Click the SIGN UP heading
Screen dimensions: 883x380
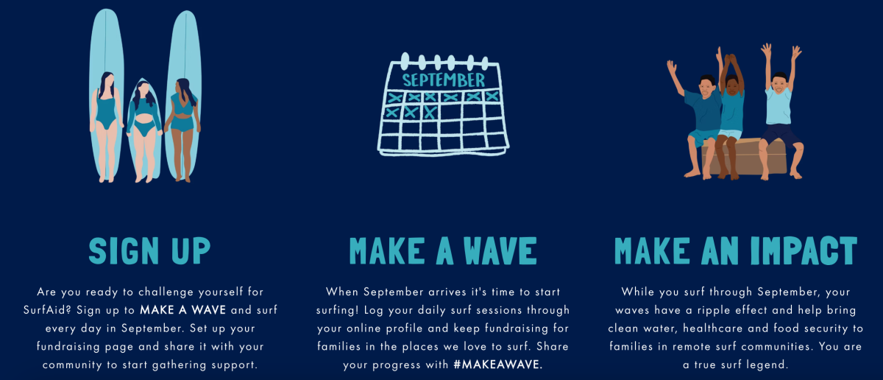149,250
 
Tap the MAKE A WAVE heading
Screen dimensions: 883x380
443,250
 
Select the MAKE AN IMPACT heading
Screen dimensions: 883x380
736,250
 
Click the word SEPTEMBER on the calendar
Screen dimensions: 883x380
444,80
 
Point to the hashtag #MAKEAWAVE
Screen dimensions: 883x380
498,365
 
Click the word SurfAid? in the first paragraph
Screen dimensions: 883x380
47,310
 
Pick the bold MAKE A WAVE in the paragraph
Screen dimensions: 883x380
183,310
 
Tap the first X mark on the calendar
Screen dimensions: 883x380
395,97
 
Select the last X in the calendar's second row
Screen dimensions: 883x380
430,113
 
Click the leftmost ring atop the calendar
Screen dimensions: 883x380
405,61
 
